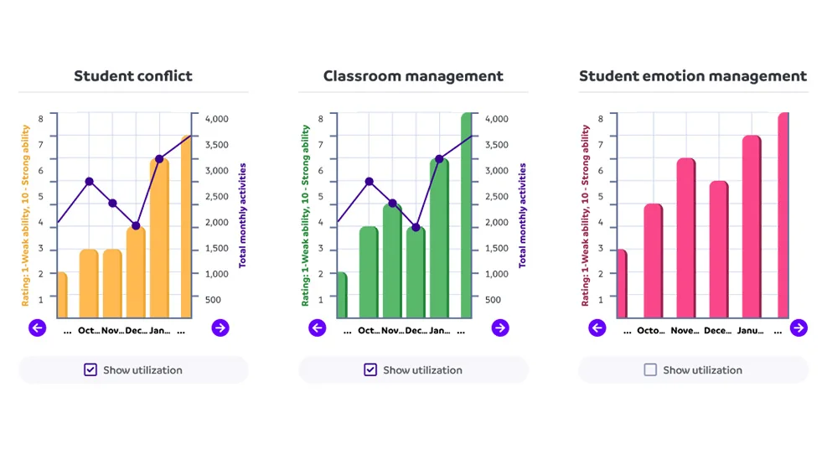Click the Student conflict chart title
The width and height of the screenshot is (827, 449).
[x=133, y=76]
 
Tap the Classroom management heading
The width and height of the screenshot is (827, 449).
[x=413, y=76]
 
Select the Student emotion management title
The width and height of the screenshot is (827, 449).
[x=693, y=76]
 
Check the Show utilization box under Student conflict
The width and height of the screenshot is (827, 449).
[x=90, y=369]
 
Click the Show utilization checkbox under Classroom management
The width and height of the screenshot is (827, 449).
[x=370, y=369]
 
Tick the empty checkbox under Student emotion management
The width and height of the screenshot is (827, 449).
[x=650, y=369]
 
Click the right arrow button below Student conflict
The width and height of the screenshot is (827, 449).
[x=220, y=328]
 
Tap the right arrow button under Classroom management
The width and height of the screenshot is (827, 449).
[x=500, y=328]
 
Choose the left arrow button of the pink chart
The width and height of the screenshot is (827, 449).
[x=597, y=328]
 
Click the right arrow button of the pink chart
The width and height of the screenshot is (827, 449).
[x=799, y=328]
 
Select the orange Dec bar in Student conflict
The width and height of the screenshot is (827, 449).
[x=136, y=273]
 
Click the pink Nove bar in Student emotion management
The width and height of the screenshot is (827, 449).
[x=686, y=239]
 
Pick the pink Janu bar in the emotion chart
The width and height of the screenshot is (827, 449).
[x=751, y=227]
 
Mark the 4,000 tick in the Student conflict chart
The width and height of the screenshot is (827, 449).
[x=216, y=119]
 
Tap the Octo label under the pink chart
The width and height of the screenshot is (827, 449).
[x=649, y=331]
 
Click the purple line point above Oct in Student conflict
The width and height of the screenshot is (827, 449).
[x=89, y=181]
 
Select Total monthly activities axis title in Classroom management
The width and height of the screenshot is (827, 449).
[x=522, y=215]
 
